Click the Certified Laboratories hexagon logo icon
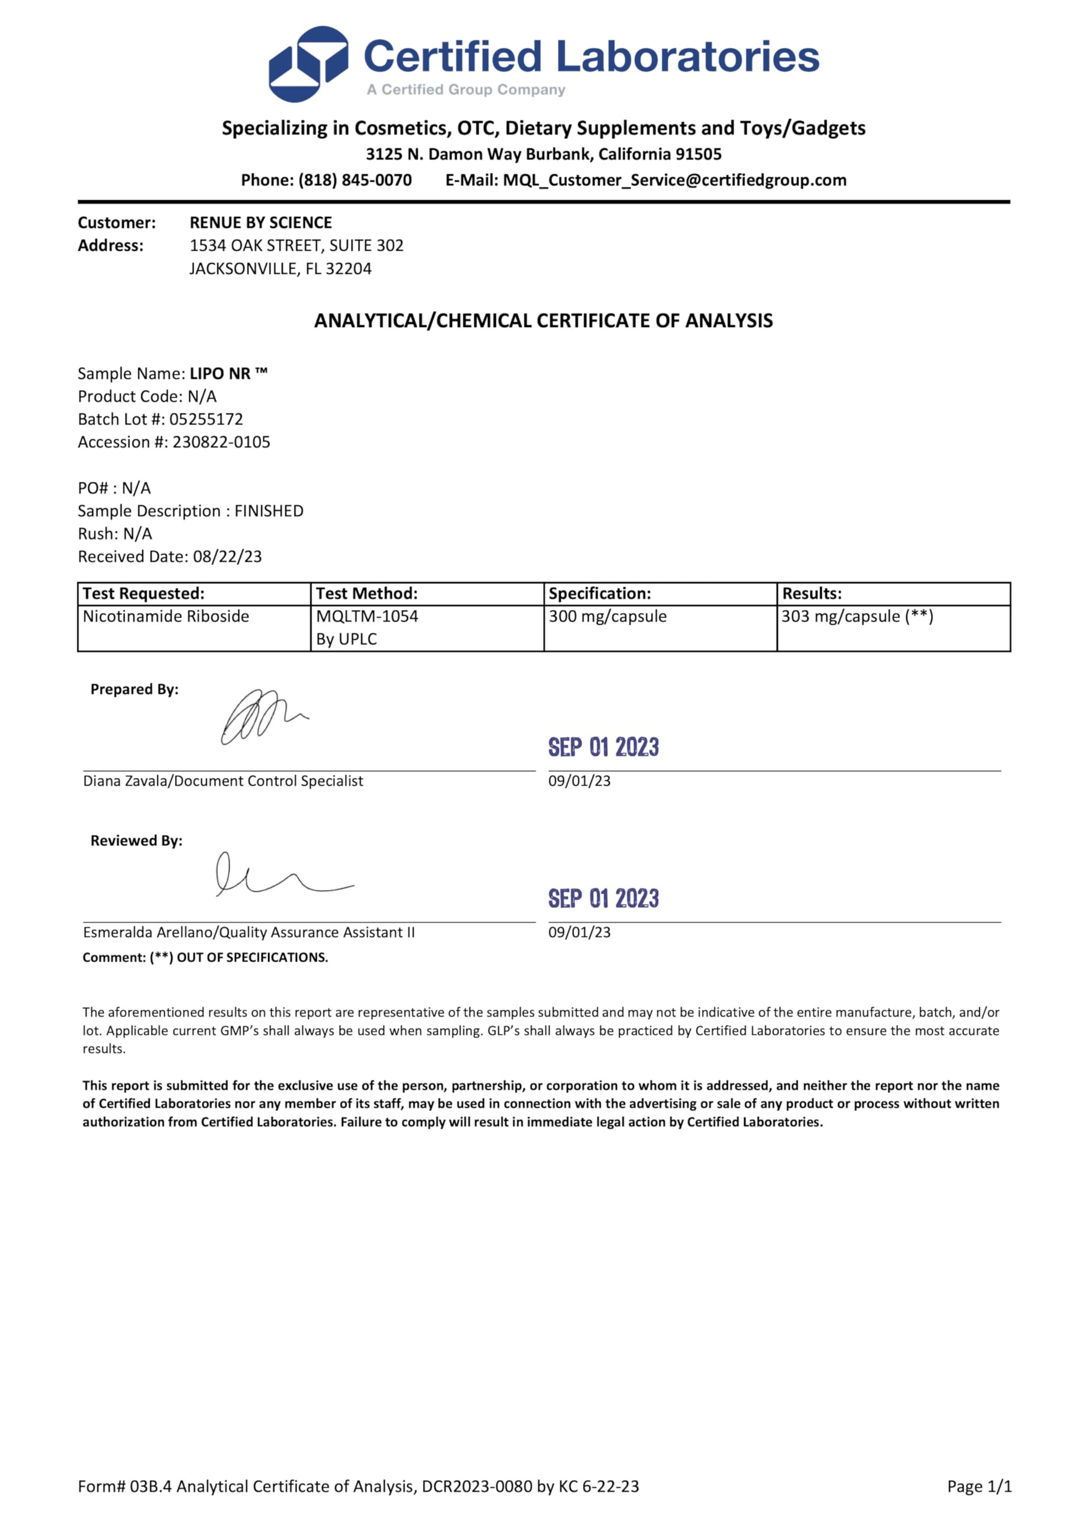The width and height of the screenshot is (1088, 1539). (x=308, y=64)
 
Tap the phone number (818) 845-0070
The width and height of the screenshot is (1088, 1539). (x=355, y=180)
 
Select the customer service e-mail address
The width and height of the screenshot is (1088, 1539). (x=674, y=180)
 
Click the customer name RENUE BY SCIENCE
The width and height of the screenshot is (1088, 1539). (x=261, y=222)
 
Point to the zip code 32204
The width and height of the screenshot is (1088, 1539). (x=349, y=269)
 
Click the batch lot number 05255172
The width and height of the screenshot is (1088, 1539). (x=206, y=420)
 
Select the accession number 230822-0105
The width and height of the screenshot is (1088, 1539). (x=221, y=442)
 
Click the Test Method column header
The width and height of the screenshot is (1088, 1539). (x=367, y=594)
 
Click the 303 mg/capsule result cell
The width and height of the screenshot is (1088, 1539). (x=857, y=617)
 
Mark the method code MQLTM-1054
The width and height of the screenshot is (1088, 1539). (x=367, y=617)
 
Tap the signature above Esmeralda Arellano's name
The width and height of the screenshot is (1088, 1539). (x=281, y=875)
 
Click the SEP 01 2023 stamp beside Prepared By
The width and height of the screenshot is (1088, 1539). (x=604, y=747)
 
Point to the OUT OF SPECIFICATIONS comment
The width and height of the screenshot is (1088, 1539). (x=252, y=958)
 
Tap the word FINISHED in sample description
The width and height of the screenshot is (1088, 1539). (x=269, y=512)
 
